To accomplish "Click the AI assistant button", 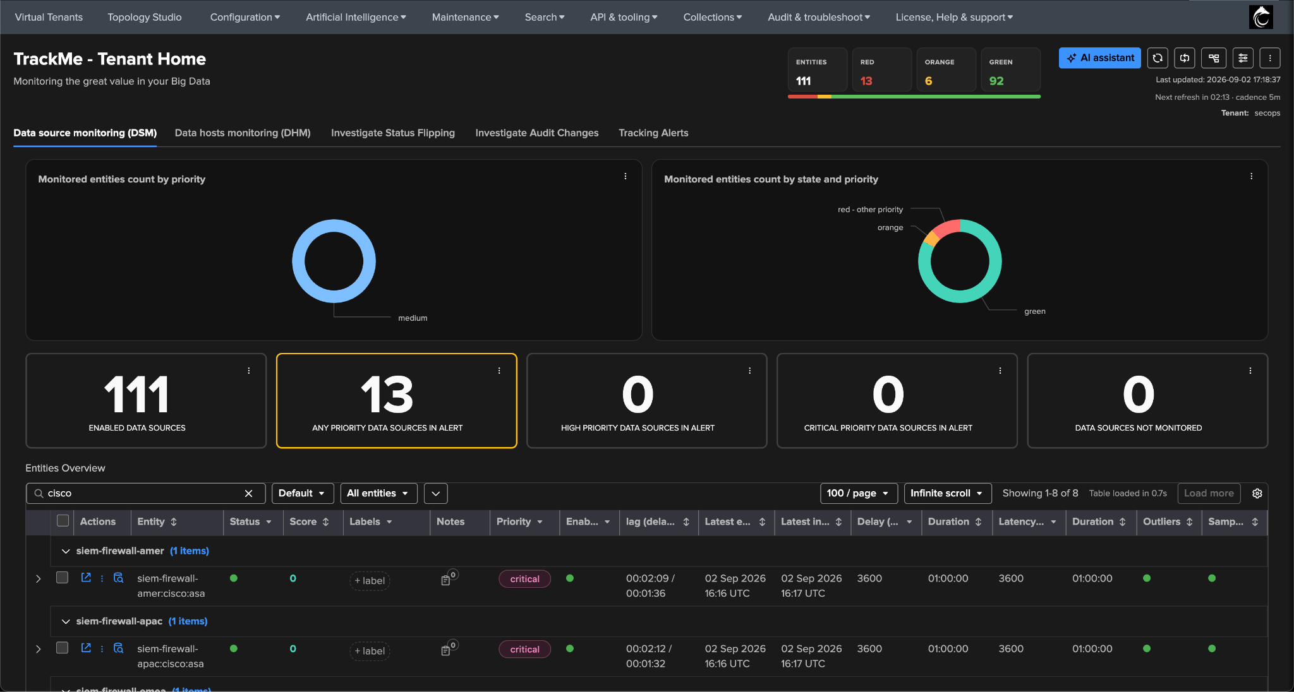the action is [x=1100, y=58].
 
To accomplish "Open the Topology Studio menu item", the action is [x=145, y=17].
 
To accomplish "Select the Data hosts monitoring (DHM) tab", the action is [x=243, y=133].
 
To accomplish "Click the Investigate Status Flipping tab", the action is [x=393, y=133].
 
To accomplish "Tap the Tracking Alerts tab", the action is [x=653, y=133].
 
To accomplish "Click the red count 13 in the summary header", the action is [x=866, y=81].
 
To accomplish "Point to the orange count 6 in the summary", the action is [x=928, y=81].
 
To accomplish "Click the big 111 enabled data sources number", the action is [x=137, y=395].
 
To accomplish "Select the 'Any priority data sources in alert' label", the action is [x=387, y=428].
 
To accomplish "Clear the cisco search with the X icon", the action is [x=249, y=494].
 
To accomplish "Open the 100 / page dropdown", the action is [x=859, y=494].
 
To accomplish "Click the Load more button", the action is [x=1209, y=494].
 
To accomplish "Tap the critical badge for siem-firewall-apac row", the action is [x=524, y=650].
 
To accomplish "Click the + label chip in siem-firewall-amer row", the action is [x=370, y=581].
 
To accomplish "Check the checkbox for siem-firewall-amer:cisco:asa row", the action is [x=62, y=578].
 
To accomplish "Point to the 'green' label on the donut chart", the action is [x=1035, y=311].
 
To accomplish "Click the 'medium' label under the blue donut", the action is [x=413, y=318].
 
